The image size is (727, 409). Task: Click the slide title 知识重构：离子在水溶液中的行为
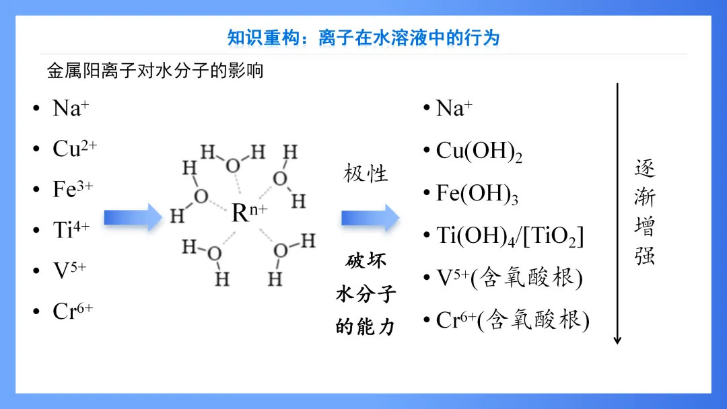pos(363,38)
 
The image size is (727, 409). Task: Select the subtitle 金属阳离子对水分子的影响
pos(155,71)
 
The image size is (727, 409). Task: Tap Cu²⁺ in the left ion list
pos(74,149)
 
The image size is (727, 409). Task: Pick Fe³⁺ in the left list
pos(72,189)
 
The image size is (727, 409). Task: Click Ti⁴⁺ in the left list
pos(71,230)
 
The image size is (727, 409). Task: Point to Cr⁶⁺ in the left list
pos(72,311)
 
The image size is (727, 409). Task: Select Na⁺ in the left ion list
pos(71,108)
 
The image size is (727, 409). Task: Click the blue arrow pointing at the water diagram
pos(133,217)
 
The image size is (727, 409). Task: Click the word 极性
pos(366,174)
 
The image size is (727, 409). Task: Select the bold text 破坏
pos(366,261)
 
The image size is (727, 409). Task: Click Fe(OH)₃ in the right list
pos(477,194)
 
